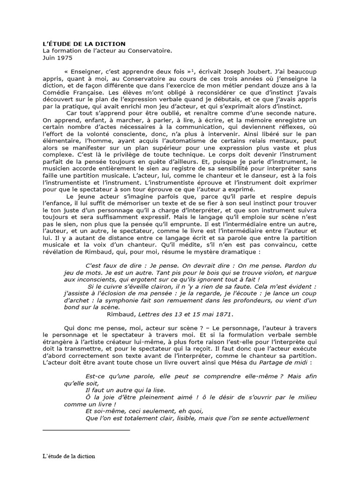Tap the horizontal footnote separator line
tap(86, 429)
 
